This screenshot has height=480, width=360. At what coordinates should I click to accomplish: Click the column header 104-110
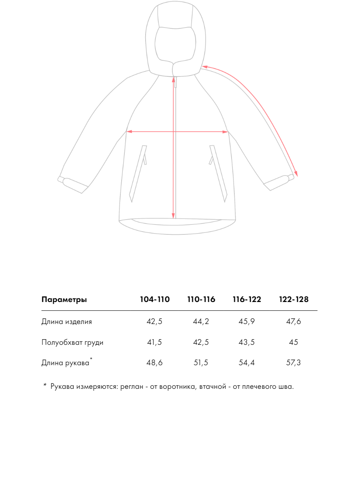point(155,300)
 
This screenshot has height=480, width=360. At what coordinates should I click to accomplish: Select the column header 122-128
point(294,300)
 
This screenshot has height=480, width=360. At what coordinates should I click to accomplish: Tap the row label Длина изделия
point(67,322)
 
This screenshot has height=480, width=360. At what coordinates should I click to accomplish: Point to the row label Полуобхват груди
point(72,342)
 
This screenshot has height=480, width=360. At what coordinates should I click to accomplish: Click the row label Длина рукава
point(66,363)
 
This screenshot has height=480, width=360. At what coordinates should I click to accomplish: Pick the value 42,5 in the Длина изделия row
point(155,322)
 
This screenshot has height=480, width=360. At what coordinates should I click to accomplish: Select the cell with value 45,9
point(247,322)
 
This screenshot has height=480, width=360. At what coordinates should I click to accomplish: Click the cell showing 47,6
point(294,322)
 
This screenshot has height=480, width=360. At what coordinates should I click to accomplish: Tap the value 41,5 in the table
point(155,342)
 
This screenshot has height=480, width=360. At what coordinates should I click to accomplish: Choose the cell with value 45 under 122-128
point(294,342)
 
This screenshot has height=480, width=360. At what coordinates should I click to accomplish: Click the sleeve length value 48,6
point(155,363)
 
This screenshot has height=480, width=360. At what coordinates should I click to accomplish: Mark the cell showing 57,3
point(294,363)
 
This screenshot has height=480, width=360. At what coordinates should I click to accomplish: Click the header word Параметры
point(64,300)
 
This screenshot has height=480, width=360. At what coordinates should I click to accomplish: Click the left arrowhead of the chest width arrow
point(128,131)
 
